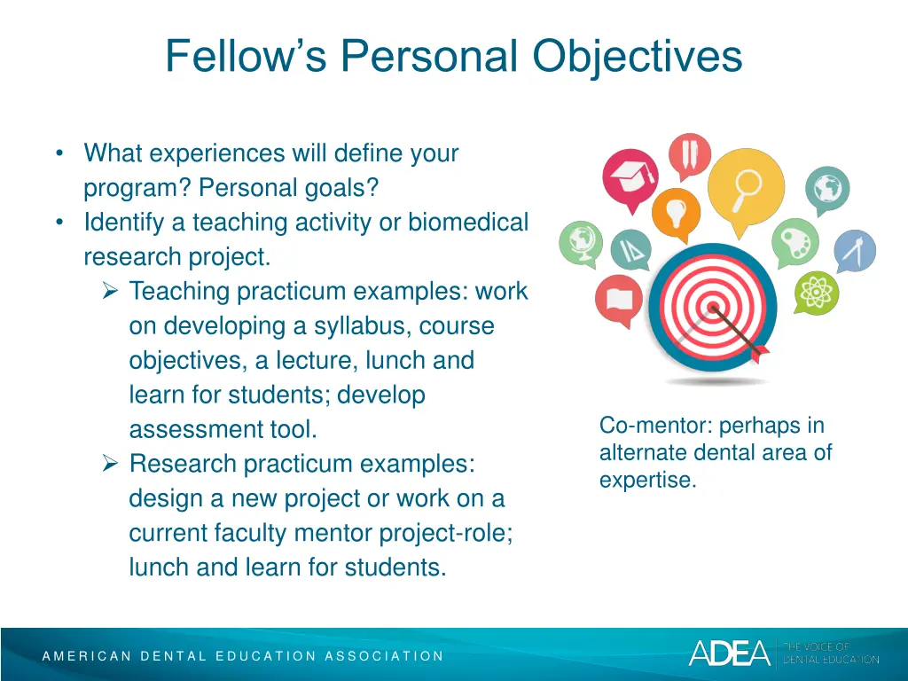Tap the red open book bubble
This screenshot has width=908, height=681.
618,299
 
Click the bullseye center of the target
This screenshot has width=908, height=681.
712,309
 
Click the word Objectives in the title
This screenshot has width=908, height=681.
638,57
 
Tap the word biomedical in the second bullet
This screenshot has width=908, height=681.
467,223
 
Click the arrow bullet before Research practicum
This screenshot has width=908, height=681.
111,463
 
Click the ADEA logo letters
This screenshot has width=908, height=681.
729,653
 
